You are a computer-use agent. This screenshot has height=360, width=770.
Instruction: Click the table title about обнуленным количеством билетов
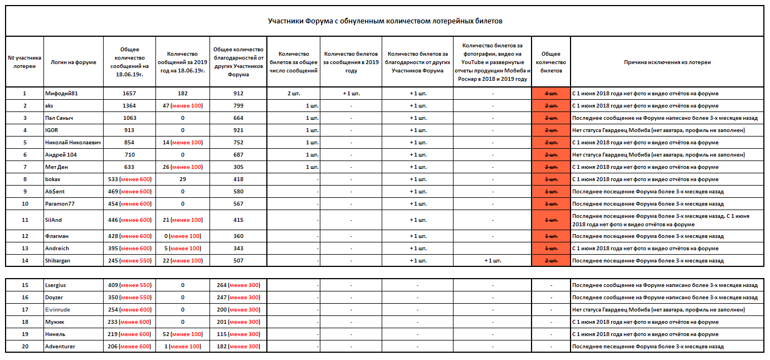tap(385, 21)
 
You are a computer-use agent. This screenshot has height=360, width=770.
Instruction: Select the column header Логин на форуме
tap(73, 62)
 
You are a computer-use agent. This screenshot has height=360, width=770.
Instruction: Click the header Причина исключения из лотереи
tap(667, 62)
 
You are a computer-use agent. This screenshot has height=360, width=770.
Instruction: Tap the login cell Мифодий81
tap(61, 94)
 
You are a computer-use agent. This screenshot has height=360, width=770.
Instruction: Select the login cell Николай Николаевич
tap(73, 143)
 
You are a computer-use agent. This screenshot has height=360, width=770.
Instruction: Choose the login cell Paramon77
tap(60, 204)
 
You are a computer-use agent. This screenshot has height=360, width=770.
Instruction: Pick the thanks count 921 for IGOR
tap(238, 130)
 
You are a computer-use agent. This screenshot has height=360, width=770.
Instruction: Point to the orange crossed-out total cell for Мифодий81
tap(551, 94)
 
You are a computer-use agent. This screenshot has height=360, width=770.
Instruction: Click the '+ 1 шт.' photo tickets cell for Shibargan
tap(493, 261)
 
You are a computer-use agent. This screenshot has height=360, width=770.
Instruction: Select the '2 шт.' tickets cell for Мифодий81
tap(294, 94)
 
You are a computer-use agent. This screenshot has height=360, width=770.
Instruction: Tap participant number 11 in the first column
tap(25, 220)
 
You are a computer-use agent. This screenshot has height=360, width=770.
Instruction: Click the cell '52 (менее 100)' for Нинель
tap(182, 334)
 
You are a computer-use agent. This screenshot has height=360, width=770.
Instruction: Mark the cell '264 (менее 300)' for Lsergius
tap(238, 285)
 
